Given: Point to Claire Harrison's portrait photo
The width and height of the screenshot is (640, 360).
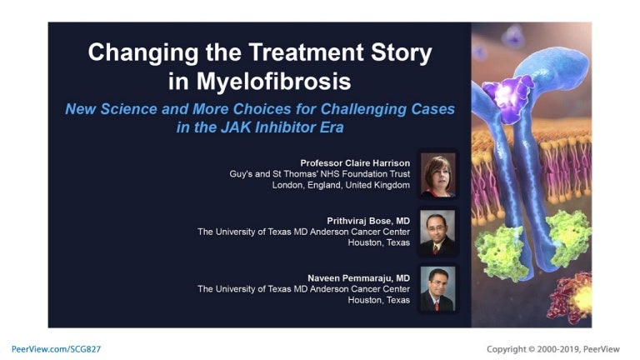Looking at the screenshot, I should (x=437, y=173).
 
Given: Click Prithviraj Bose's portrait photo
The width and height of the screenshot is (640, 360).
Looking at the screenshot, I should (x=437, y=232).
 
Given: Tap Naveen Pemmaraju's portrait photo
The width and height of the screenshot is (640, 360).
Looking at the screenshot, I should (x=437, y=288).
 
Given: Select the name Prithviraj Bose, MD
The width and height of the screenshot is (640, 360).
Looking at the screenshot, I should (x=367, y=220).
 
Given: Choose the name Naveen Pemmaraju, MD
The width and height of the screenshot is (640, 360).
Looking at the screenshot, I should (x=359, y=277).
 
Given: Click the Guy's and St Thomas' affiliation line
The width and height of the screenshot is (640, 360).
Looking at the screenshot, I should (x=319, y=173).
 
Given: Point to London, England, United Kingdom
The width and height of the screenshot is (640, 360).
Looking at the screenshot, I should (x=341, y=185).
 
